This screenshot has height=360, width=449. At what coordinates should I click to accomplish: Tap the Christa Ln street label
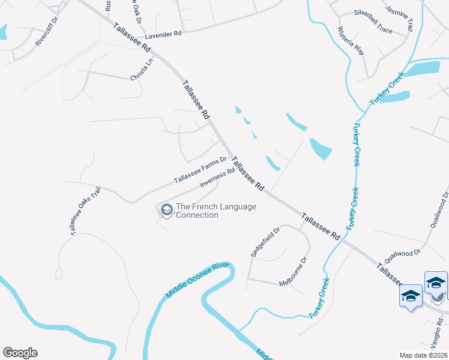coord(142,73)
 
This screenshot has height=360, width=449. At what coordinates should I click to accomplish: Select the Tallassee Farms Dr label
coord(200,170)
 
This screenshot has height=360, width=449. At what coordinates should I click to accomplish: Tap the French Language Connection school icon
coord(165,209)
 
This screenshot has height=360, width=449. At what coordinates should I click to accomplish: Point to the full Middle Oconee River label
coord(198,280)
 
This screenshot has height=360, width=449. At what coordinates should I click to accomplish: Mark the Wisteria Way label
coord(351,41)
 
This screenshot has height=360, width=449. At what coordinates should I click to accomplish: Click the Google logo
coord(20,352)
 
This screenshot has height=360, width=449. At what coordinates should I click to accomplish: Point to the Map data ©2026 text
coord(423,355)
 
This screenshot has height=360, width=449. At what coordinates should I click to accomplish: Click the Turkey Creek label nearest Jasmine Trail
coord(387,90)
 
